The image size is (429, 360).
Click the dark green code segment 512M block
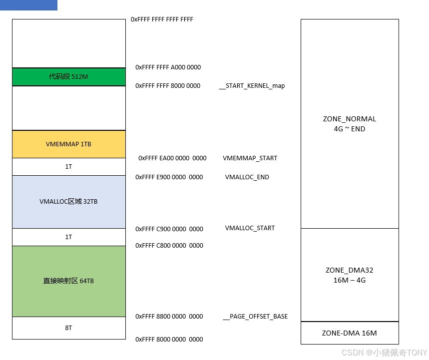coord(68,77)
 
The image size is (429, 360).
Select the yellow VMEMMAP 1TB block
coord(68,144)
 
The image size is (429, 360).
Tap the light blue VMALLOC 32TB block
coord(68,202)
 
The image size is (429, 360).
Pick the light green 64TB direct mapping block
coord(68,281)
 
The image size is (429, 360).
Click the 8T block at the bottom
coord(68,328)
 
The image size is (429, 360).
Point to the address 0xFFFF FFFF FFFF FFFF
coord(162,19)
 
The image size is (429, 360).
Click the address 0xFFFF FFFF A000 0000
coord(168,67)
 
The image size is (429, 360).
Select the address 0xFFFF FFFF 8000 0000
coord(168,86)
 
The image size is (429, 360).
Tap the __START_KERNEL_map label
coord(252,86)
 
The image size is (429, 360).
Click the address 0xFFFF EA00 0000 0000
coord(172,158)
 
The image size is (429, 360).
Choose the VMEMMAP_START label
coord(250,158)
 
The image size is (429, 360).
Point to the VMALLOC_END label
coord(247,177)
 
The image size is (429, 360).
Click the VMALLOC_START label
coord(250,228)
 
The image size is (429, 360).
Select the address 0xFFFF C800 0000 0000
coord(169,246)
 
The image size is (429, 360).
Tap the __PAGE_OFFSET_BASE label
coord(255,317)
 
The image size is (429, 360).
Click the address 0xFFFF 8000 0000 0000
coord(169,340)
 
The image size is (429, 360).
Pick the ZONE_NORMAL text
coord(349,119)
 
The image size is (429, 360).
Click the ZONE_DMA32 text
coord(349,271)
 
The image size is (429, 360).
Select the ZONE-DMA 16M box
coord(349,333)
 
